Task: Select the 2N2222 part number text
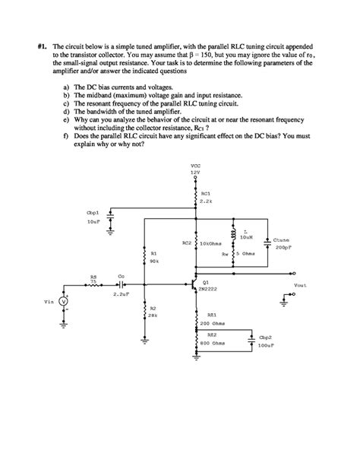pyautogui.click(x=208, y=290)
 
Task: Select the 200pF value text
pyautogui.click(x=282, y=248)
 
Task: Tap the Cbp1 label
pyautogui.click(x=94, y=214)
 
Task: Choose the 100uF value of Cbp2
pyautogui.click(x=267, y=345)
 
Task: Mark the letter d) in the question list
pyautogui.click(x=67, y=111)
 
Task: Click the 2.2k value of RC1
pyautogui.click(x=205, y=201)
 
